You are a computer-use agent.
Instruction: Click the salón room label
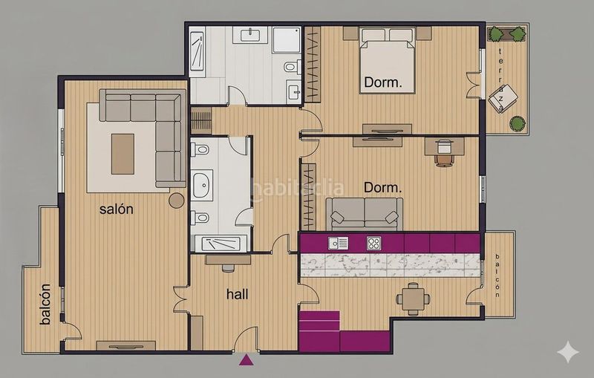click(117, 209)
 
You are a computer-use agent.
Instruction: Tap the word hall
click(237, 294)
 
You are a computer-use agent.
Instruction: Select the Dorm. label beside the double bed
click(382, 82)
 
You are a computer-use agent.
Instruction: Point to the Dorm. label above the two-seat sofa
click(382, 187)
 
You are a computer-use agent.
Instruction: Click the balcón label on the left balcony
click(45, 304)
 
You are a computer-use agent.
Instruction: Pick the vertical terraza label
click(500, 80)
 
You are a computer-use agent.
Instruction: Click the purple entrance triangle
click(247, 360)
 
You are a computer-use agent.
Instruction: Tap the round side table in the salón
click(177, 201)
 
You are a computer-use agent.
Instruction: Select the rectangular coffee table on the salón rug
click(123, 154)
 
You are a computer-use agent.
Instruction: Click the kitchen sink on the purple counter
click(339, 243)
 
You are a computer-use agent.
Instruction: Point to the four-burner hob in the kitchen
click(374, 243)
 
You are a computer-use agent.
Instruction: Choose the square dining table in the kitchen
click(414, 299)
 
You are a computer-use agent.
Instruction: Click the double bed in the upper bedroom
click(387, 60)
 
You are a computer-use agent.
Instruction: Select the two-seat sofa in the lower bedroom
click(365, 214)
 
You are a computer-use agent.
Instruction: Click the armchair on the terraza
click(503, 98)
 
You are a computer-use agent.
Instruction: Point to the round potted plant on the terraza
click(518, 123)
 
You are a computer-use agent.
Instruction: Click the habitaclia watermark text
click(298, 188)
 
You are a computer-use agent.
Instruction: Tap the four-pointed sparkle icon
click(568, 352)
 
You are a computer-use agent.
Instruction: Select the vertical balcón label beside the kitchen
click(497, 276)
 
